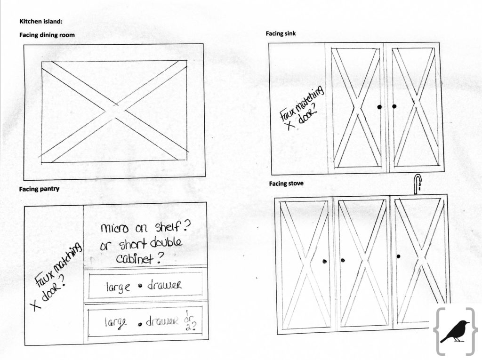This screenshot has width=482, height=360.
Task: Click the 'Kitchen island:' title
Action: coord(41,22)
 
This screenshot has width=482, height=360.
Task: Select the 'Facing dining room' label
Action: coord(47,35)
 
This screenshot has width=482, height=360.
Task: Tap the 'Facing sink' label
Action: coord(281,33)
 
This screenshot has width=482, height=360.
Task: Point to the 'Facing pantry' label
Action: coord(39,189)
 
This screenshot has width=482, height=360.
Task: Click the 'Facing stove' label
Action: coord(286,184)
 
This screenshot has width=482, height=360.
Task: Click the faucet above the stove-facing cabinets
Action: coord(418,184)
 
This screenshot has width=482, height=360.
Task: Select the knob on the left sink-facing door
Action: coord(380,107)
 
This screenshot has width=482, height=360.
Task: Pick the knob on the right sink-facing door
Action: coord(394,106)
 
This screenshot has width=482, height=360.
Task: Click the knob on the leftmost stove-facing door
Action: coord(324,262)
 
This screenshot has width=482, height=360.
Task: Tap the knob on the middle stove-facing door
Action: coord(343,260)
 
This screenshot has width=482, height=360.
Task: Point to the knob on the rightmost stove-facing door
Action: coord(398,256)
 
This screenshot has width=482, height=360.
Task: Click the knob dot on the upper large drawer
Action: coord(140,286)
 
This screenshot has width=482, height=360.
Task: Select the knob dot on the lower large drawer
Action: coord(140,324)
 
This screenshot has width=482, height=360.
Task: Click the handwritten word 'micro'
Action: coord(114,228)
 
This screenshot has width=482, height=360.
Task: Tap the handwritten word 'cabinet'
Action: coord(135,259)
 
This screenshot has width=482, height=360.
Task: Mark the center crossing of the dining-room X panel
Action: coord(114,111)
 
